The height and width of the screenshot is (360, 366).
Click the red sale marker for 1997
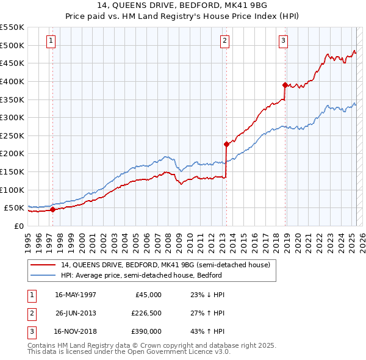coord(52,209)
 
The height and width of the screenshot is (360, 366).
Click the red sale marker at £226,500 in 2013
coord(226,145)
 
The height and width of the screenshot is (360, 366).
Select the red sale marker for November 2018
coord(285,85)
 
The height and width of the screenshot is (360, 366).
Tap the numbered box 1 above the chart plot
coord(50,41)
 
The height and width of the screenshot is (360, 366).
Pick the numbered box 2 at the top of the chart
coord(224,41)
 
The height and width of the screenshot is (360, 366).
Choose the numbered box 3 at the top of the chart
coord(284,41)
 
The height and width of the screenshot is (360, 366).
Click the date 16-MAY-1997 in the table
coord(76,294)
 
